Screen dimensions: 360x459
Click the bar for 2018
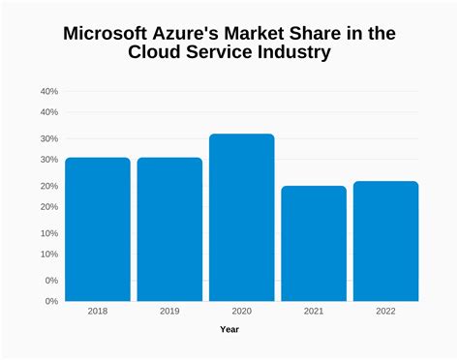[98, 229]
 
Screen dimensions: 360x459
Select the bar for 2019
[169, 229]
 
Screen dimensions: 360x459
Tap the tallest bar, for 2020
[242, 218]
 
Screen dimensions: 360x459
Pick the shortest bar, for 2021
[314, 244]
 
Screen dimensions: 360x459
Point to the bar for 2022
[385, 241]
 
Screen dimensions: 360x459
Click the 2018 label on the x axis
[98, 312]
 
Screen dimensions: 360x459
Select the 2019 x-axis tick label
[169, 312]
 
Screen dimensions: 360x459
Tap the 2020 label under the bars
[242, 312]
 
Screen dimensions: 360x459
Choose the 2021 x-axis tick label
[314, 312]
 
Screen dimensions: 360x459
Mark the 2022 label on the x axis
[385, 312]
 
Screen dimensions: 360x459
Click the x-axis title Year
[229, 330]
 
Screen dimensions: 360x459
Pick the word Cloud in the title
[158, 53]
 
